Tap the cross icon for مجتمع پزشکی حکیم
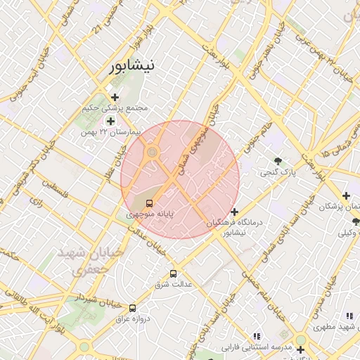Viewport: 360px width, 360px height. [x=115, y=97]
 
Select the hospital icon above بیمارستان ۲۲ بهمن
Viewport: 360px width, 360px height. [x=110, y=121]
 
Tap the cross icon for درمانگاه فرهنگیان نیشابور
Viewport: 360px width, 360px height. [x=234, y=212]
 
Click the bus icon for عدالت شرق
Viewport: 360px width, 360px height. [x=174, y=274]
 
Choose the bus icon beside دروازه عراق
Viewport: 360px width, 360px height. [x=132, y=307]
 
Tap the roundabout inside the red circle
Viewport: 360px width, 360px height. [x=151, y=152]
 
